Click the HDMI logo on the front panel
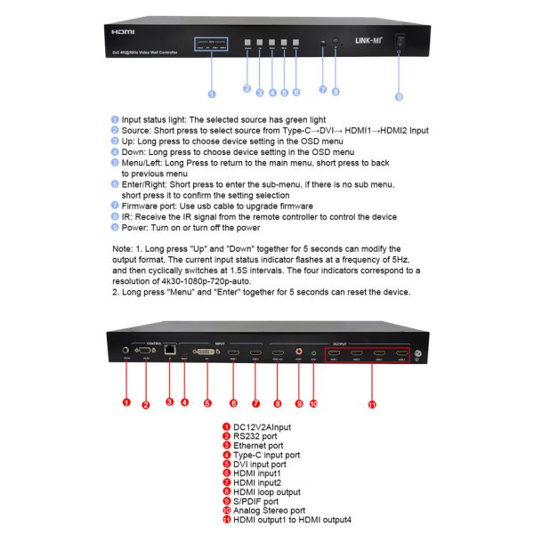click(122, 29)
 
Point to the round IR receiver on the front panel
click(336, 42)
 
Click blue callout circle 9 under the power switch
click(398, 96)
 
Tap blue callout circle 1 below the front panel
click(212, 93)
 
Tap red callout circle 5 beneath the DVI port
click(206, 402)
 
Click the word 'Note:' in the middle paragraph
click(123, 248)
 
